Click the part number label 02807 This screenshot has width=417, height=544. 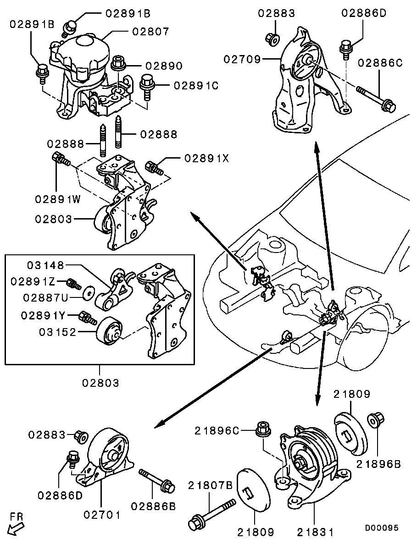pos(151,32)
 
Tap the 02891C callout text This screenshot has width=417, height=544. pos(195,85)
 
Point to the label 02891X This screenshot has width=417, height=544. pos(206,158)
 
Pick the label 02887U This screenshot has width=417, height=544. pos(46,298)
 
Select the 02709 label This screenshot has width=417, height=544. pos(242,59)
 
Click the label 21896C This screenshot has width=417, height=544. pos(217,431)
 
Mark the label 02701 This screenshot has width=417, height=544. pos(102,515)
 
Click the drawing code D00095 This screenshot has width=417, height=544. pos(382,528)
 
